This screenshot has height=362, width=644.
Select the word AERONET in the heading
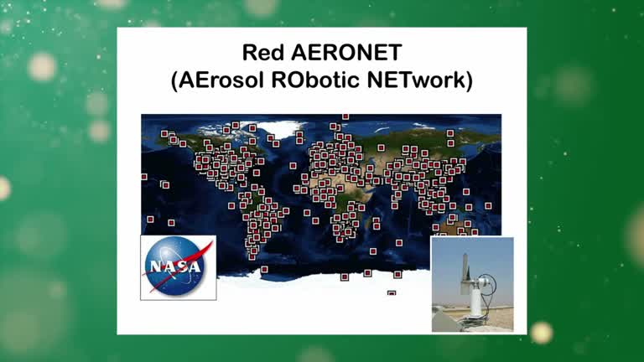pos(342,53)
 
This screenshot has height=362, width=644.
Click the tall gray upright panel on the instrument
pos(466,267)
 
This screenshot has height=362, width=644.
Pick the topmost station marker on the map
pos(345,117)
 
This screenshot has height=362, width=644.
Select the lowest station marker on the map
pos(391,293)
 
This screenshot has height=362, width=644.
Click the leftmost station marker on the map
pos(143,177)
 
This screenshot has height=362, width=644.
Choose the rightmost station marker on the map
pos(488,205)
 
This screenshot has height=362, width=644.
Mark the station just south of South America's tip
pos(264,269)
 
